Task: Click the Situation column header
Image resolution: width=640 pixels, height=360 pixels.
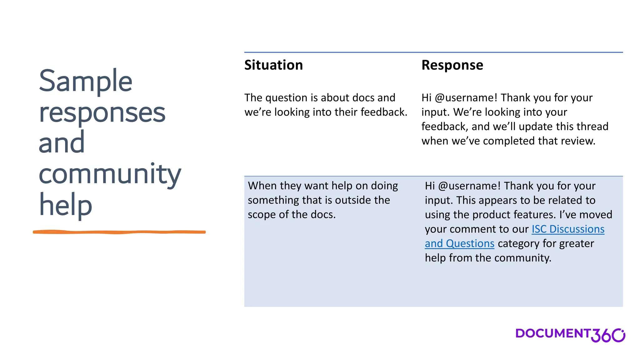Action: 273,65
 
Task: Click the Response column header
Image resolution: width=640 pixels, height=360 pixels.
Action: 452,65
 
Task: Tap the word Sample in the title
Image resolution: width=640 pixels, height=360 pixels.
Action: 86,81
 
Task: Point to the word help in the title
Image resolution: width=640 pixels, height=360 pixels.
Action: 65,204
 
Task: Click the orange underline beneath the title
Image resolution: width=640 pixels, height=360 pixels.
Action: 119,232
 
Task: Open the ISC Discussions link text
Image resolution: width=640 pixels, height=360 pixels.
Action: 568,229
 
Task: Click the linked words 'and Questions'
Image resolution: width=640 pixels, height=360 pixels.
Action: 459,243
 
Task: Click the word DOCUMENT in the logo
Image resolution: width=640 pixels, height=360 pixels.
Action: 552,333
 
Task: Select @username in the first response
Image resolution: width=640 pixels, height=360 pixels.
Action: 466,98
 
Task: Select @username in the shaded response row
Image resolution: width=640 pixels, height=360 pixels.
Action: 469,186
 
